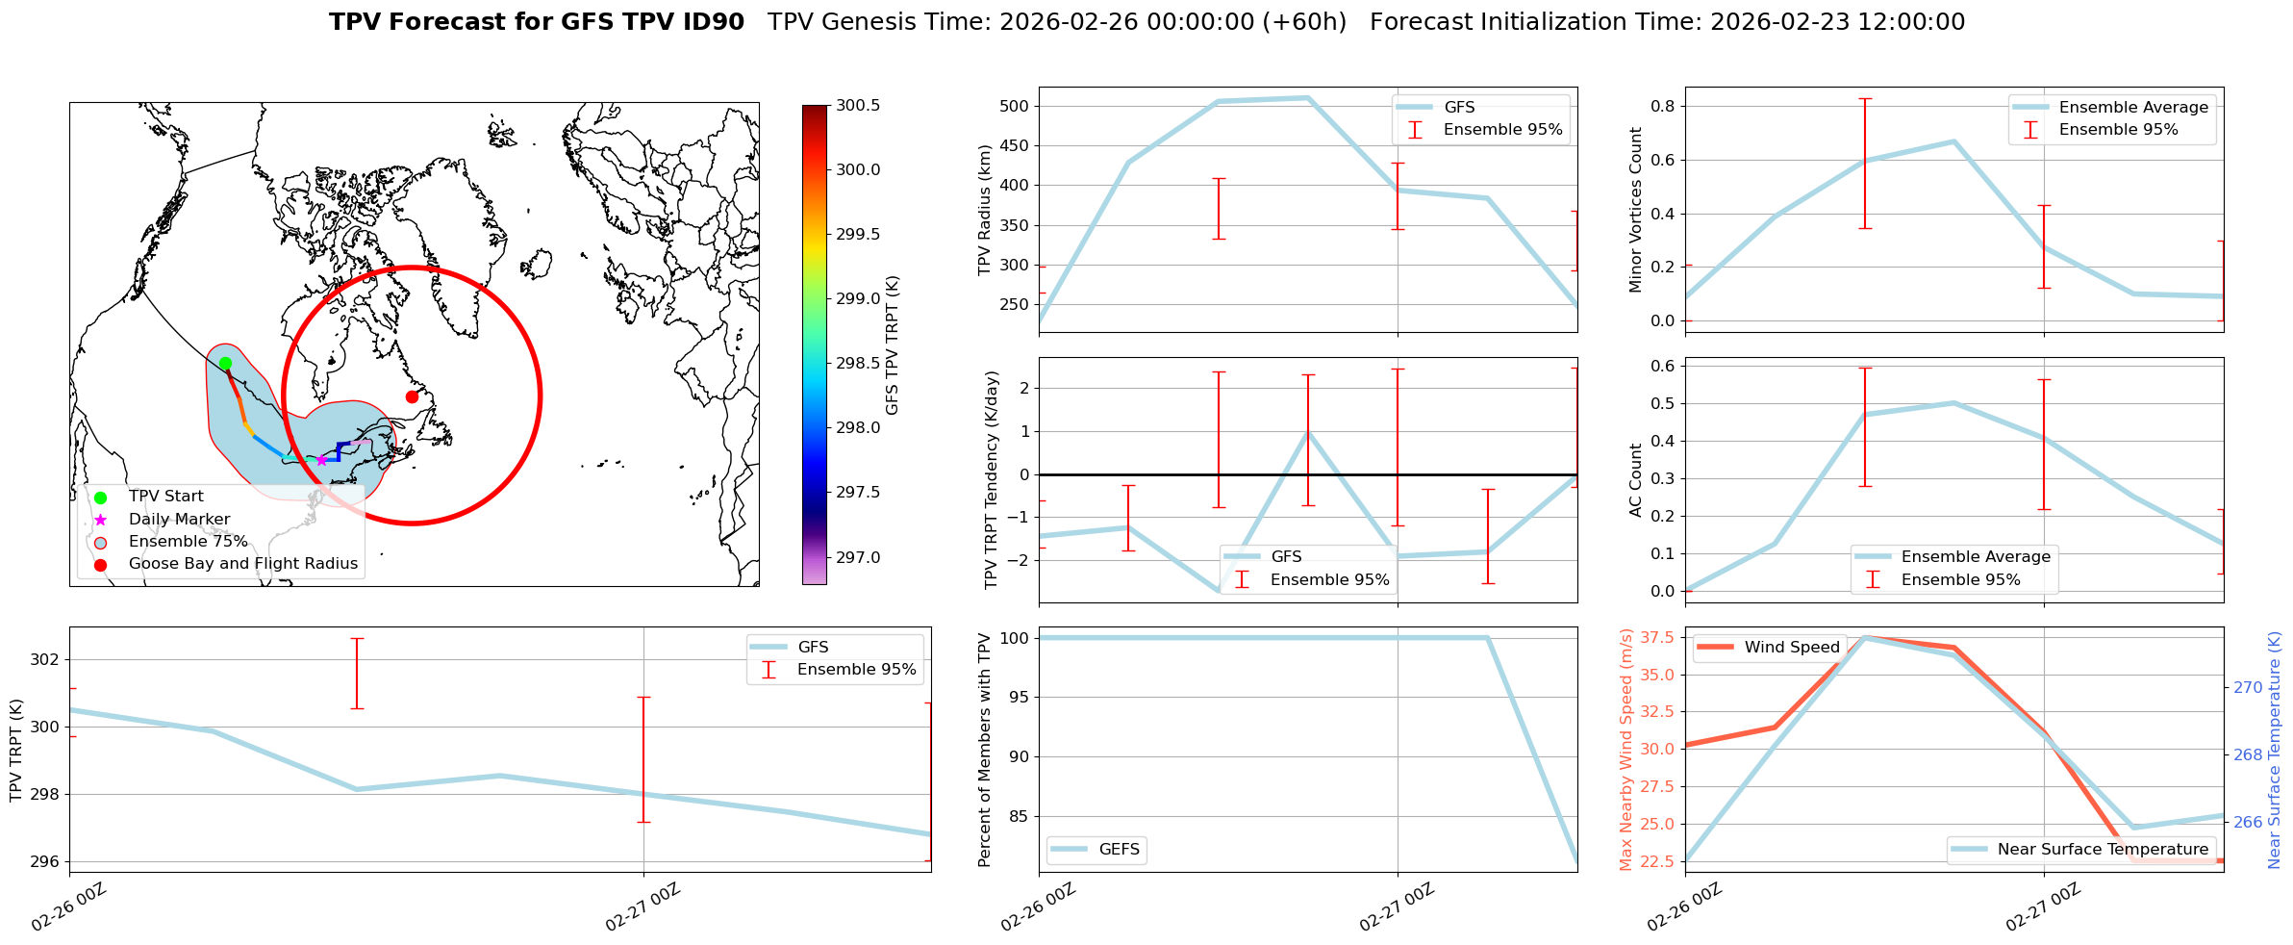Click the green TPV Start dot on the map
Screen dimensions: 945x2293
tap(225, 363)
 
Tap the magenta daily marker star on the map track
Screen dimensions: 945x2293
tap(321, 460)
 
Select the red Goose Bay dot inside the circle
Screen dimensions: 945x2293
tap(412, 396)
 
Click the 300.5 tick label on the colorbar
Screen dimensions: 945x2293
tap(858, 105)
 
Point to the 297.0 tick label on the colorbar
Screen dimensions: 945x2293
tap(858, 557)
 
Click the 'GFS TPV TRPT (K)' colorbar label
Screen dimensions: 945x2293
tap(892, 345)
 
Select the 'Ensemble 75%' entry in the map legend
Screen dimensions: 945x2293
tap(188, 542)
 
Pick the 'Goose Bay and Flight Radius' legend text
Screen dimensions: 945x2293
tap(242, 564)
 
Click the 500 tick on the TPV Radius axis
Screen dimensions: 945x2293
tap(1015, 106)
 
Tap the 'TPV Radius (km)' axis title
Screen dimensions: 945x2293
tap(984, 210)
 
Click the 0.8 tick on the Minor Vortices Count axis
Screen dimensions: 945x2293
tap(1661, 106)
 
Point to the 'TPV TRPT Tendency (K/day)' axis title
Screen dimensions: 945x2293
tap(992, 479)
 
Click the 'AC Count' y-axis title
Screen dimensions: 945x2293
tap(1635, 479)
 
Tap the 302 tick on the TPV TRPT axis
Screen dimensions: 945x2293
tap(45, 660)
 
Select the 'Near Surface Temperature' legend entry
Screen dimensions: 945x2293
tap(2103, 850)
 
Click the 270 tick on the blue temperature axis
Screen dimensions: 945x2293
tap(2248, 687)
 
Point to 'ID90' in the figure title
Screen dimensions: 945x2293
tap(712, 22)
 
